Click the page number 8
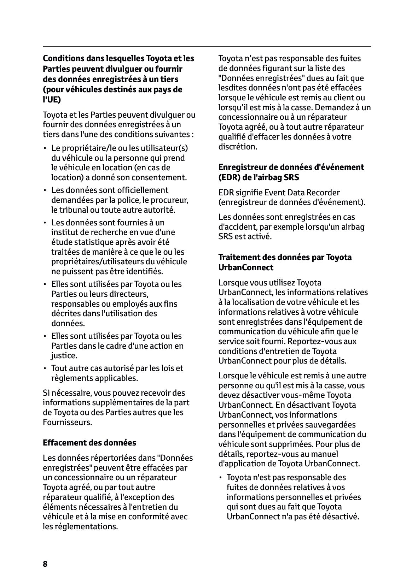pos(45,564)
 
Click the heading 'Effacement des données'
pos(89,443)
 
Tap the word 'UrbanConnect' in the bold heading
pos(246,267)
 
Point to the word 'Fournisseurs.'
pos(67,423)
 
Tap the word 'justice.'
pos(64,356)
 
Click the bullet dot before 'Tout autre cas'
pos(45,368)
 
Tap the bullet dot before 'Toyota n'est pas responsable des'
pos(220,478)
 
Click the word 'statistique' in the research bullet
pos(87,242)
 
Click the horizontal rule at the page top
pos(207,46)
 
